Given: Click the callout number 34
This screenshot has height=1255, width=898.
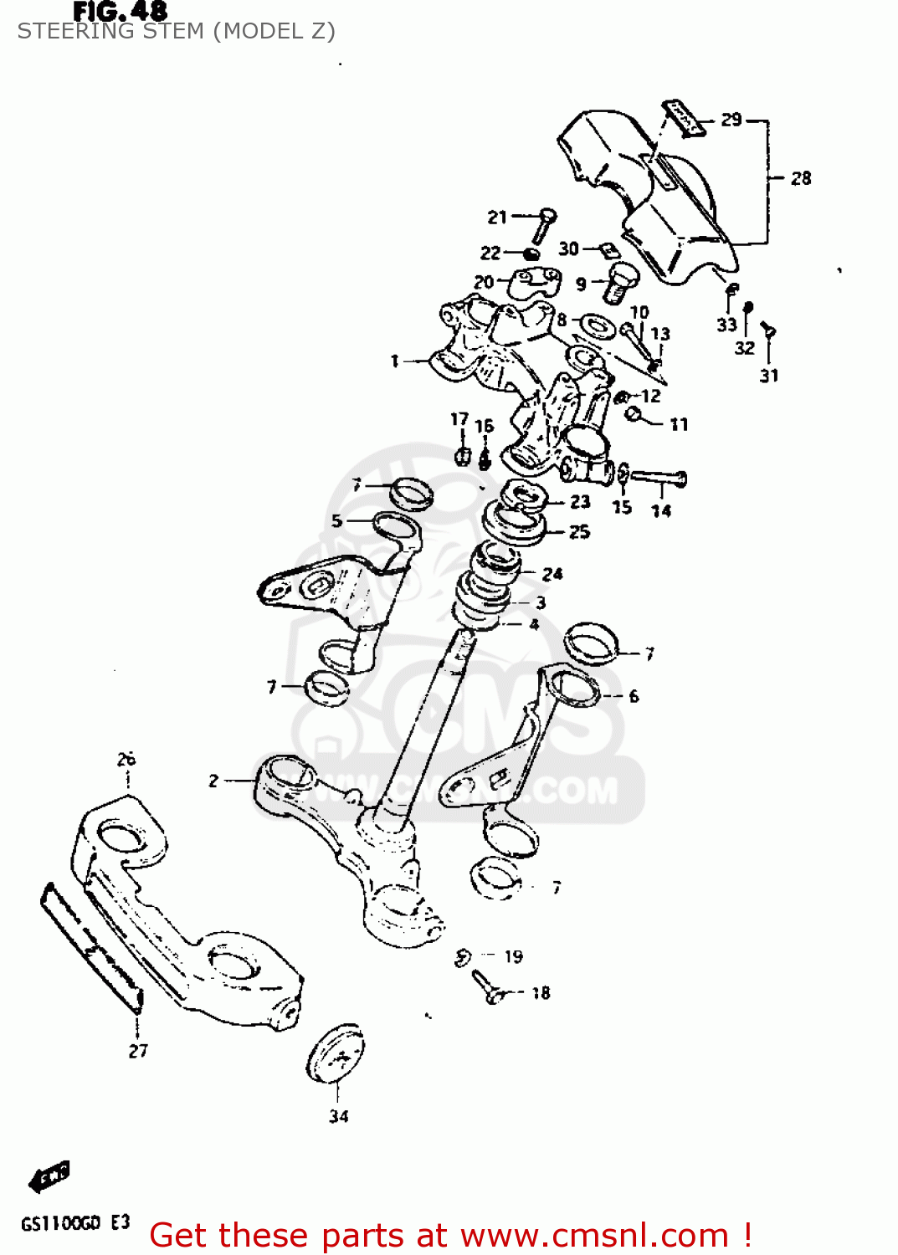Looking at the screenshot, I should [x=338, y=1116].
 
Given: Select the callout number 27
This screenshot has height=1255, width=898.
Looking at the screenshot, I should [x=138, y=1051].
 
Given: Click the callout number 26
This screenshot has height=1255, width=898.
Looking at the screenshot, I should [x=126, y=759].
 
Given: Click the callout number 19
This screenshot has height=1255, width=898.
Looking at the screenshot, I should [x=513, y=956].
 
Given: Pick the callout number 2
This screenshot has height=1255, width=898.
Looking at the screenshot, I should [x=213, y=781].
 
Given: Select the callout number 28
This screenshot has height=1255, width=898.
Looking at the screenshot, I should [x=801, y=178].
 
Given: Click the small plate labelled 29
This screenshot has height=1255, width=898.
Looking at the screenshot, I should [x=684, y=117].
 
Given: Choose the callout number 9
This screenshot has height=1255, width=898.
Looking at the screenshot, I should [x=581, y=284].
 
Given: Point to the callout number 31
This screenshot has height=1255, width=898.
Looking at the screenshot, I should [x=769, y=376].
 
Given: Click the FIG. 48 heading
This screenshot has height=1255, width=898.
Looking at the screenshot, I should [x=120, y=11].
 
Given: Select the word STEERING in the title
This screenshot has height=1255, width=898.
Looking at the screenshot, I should [x=69, y=32].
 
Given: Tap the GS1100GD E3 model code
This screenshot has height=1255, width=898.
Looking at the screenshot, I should [x=75, y=1223].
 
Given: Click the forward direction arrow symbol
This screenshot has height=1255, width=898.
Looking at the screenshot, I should [x=50, y=1177].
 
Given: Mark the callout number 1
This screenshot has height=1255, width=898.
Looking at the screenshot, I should [x=394, y=361].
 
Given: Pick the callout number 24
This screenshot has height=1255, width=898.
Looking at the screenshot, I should [x=552, y=574].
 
